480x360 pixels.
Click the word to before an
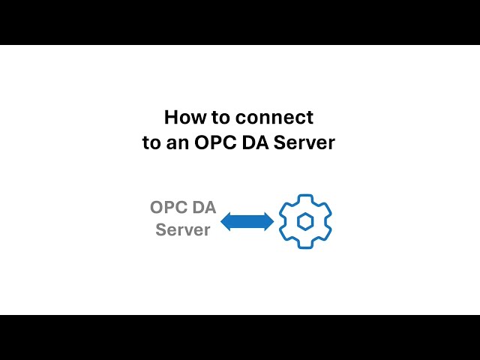(151, 143)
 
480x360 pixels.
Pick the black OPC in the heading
(216, 142)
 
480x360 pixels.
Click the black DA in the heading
(255, 142)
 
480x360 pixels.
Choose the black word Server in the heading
(304, 143)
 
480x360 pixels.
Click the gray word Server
(183, 229)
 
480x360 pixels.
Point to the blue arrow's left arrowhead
(226, 222)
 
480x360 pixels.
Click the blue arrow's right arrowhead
(268, 222)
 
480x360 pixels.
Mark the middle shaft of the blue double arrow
(247, 222)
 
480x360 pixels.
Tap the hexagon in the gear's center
(305, 221)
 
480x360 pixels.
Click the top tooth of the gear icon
(305, 199)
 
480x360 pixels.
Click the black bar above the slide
(240, 22)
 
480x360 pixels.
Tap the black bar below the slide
(240, 337)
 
